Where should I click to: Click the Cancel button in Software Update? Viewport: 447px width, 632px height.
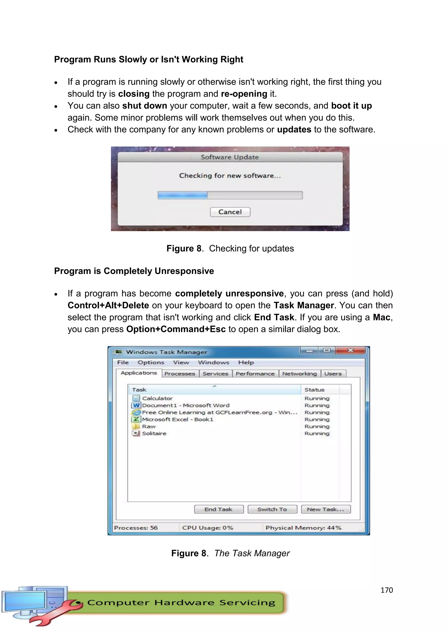click(x=230, y=212)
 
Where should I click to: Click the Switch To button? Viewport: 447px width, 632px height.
click(x=272, y=509)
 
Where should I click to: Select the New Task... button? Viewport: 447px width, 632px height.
click(x=326, y=509)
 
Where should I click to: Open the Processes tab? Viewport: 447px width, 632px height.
click(x=180, y=374)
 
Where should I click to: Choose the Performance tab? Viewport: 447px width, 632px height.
click(x=255, y=374)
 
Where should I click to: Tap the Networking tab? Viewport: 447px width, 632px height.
click(x=299, y=374)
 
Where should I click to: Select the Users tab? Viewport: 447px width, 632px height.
click(x=333, y=374)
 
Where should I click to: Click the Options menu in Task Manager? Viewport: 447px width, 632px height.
click(x=151, y=362)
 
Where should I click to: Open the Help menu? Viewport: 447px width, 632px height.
click(x=246, y=362)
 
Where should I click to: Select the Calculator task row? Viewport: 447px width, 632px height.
click(x=157, y=398)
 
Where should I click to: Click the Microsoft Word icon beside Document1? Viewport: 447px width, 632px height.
click(x=136, y=405)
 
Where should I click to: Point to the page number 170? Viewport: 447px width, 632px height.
click(x=387, y=590)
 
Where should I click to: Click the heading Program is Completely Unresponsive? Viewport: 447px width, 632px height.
click(x=134, y=271)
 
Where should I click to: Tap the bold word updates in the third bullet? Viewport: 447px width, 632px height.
click(x=294, y=129)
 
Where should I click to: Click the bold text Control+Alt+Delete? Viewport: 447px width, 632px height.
click(x=108, y=305)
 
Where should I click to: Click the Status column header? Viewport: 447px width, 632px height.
click(x=314, y=390)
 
